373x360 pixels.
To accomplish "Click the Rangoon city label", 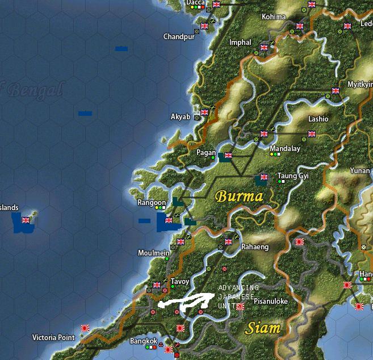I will [152, 203].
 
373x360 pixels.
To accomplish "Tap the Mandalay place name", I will [285, 149].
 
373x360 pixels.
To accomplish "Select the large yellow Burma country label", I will [239, 197].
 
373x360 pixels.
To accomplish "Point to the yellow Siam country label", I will [262, 328].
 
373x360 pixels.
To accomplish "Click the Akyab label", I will [181, 117].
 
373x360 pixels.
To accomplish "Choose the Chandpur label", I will [179, 37].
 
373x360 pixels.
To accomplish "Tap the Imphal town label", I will [240, 43].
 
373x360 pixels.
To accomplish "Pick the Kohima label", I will [274, 17].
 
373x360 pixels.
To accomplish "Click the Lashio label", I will [318, 119].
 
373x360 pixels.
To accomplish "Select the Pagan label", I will [206, 153].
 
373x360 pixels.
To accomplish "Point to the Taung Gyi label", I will [293, 176].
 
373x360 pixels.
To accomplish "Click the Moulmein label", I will [152, 253].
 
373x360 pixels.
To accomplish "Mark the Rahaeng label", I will [255, 247].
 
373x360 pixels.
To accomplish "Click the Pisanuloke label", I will [271, 301].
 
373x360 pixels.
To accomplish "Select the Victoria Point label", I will [53, 337].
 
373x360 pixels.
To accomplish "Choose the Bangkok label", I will [144, 341].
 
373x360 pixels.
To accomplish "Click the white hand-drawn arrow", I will [185, 302].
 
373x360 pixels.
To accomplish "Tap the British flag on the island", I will [25, 220].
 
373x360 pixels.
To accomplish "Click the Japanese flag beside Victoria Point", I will [85, 328].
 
